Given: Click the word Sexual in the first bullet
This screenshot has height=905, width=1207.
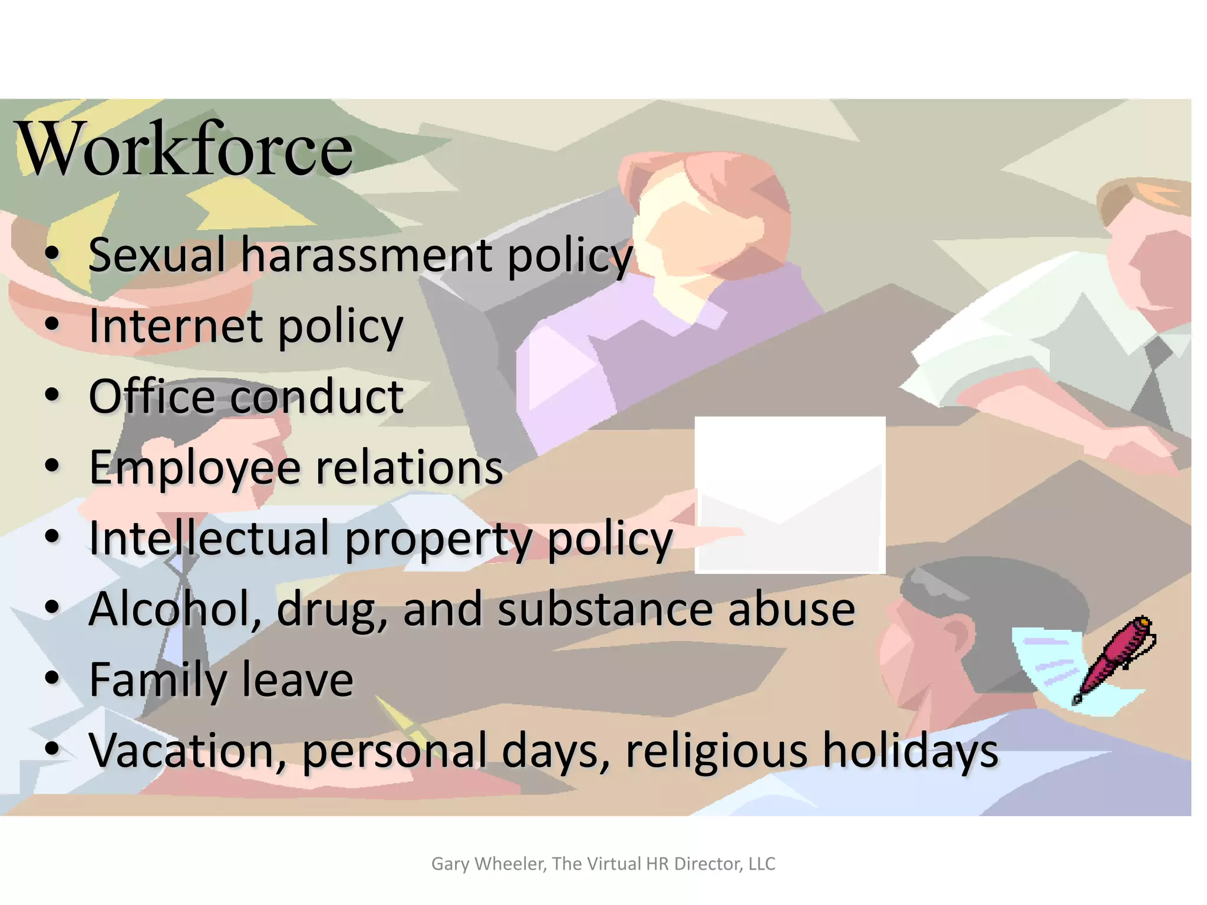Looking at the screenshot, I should pyautogui.click(x=157, y=255).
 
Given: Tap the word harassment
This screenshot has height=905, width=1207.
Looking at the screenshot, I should pyautogui.click(x=367, y=255).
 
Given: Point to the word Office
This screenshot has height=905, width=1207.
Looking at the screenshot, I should pyautogui.click(x=152, y=396).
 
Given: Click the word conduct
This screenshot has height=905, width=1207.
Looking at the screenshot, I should pyautogui.click(x=317, y=396).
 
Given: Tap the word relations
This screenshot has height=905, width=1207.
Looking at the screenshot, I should pyautogui.click(x=410, y=467).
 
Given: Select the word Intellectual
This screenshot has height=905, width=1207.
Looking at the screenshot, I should pyautogui.click(x=209, y=537).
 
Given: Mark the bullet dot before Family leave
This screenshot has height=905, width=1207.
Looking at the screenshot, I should pyautogui.click(x=52, y=678).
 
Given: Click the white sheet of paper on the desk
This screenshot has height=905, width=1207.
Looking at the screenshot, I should pyautogui.click(x=790, y=495).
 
